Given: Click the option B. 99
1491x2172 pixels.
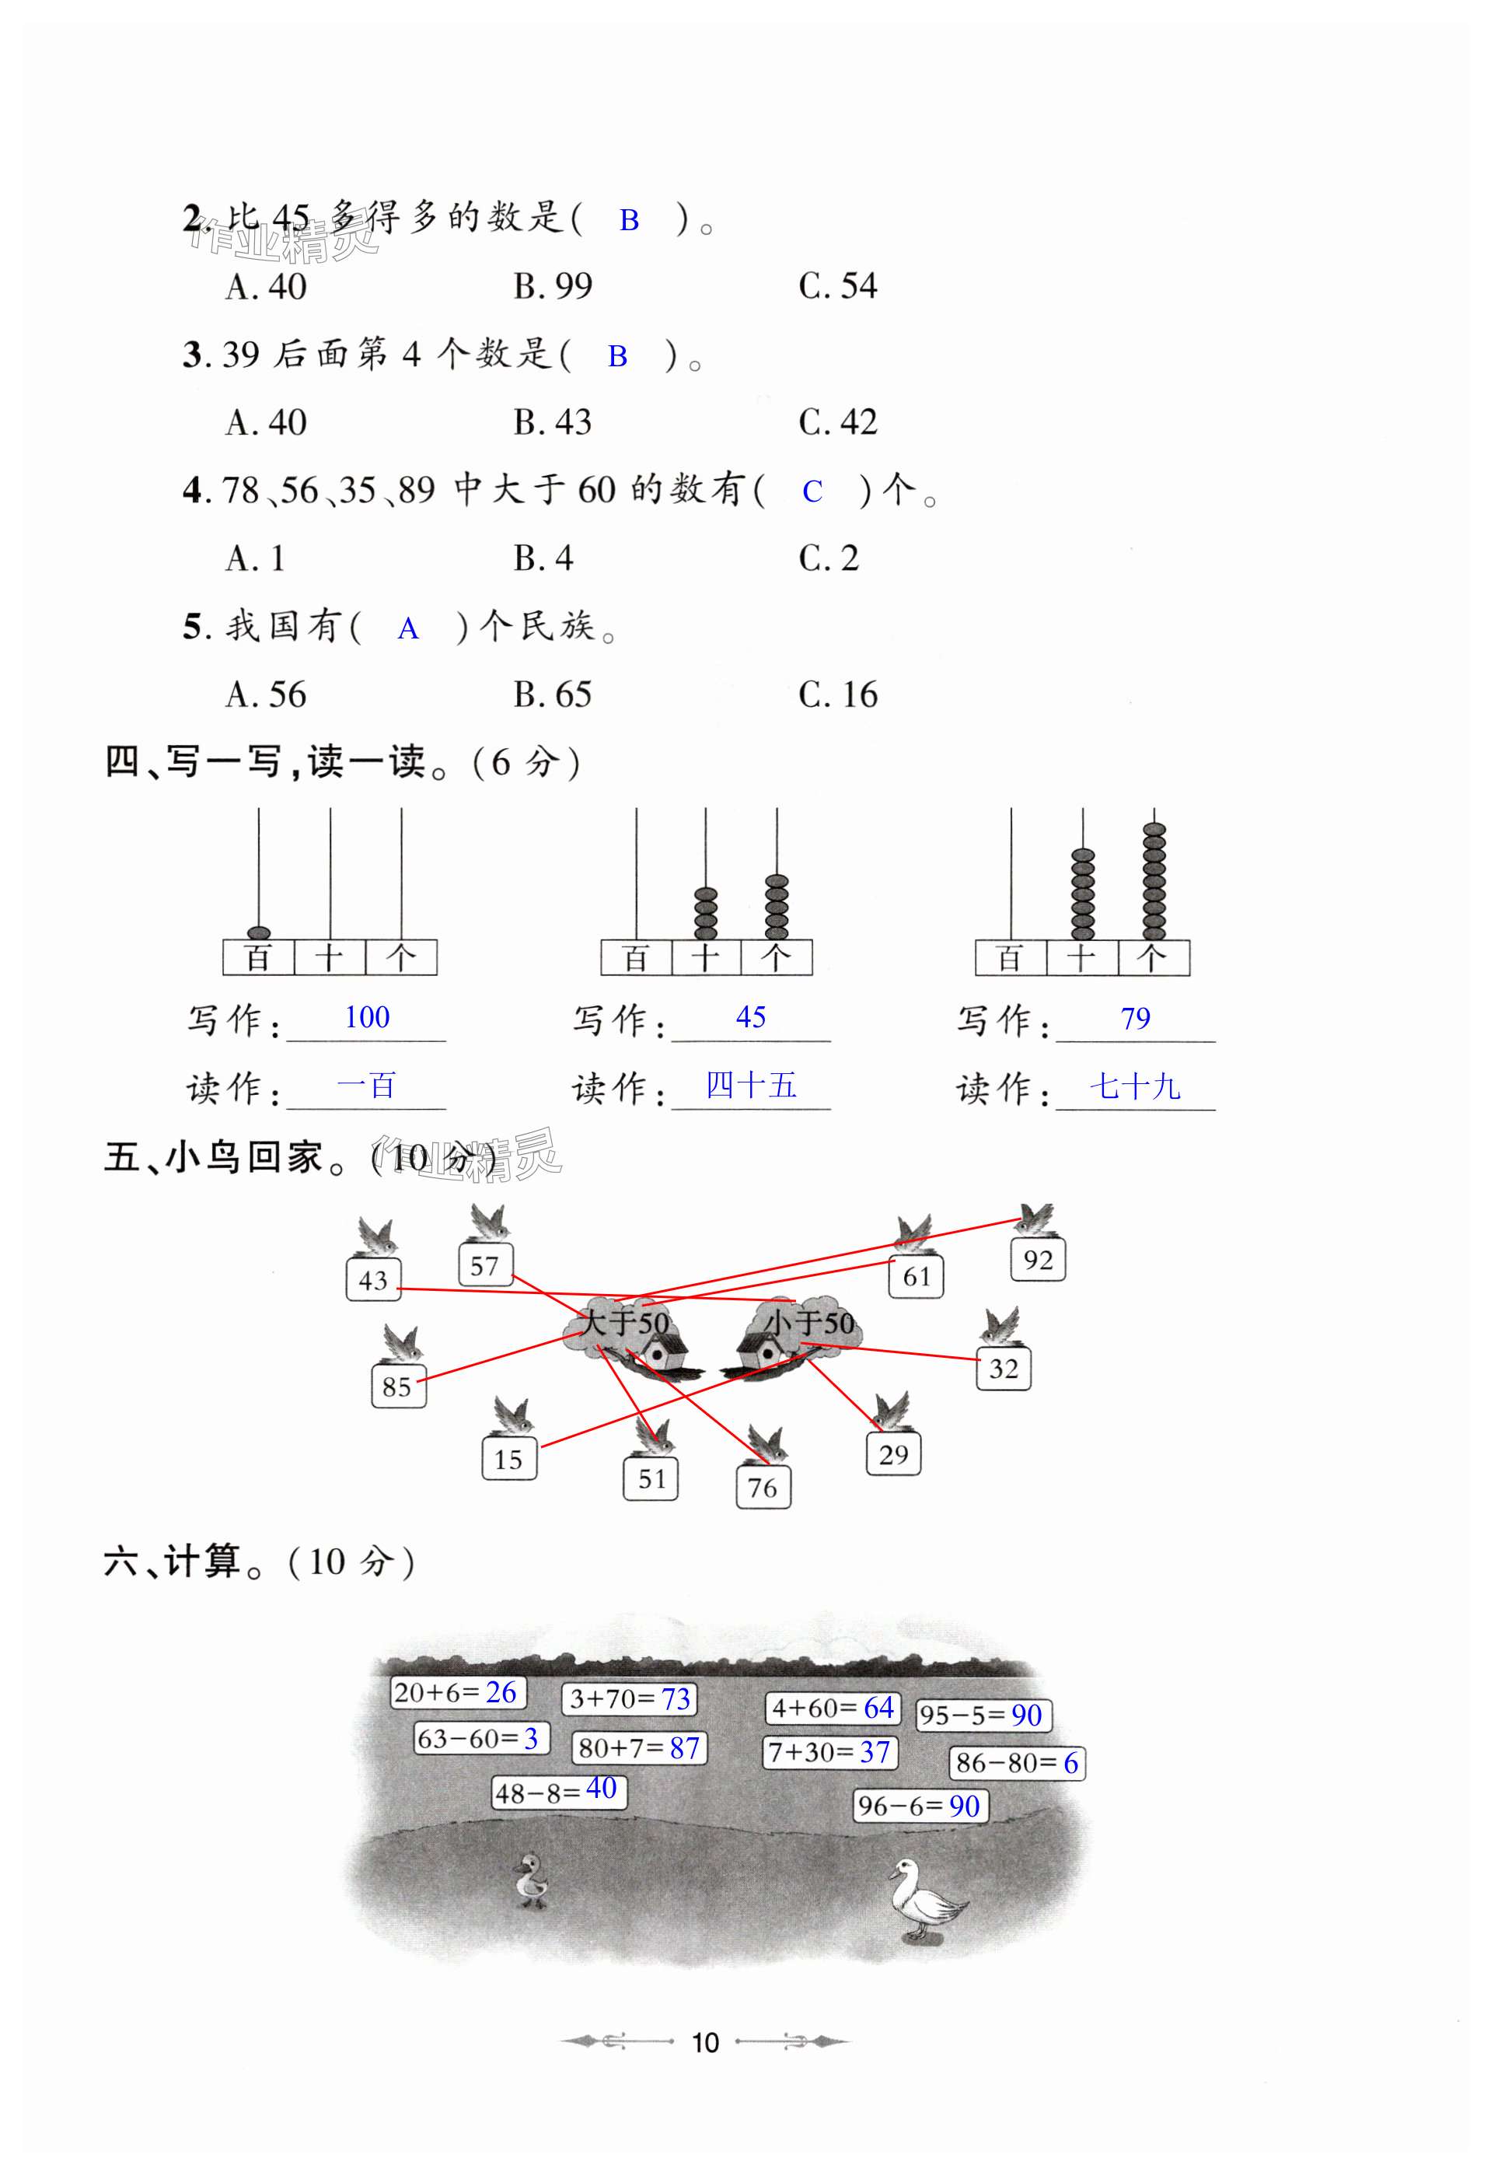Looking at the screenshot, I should pyautogui.click(x=552, y=286).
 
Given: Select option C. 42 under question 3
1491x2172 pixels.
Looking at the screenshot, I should pyautogui.click(x=837, y=422).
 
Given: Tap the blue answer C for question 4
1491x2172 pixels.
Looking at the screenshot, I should pyautogui.click(x=812, y=491).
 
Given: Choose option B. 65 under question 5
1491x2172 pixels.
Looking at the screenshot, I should pyautogui.click(x=552, y=694).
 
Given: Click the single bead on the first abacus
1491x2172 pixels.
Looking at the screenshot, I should pyautogui.click(x=259, y=932).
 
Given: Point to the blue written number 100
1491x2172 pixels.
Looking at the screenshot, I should pyautogui.click(x=366, y=1017).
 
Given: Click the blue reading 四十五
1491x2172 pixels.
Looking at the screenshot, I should pyautogui.click(x=750, y=1086).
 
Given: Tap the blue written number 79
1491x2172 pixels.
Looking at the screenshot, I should pyautogui.click(x=1135, y=1018).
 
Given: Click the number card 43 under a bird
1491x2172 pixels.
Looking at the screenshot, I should pyautogui.click(x=373, y=1279).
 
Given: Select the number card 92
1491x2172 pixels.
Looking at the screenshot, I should pyautogui.click(x=1038, y=1260).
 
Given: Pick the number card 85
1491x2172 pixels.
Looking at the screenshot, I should pyautogui.click(x=397, y=1386).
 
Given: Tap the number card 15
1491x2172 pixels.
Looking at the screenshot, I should pyautogui.click(x=508, y=1459).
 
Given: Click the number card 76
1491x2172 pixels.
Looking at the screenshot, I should pyautogui.click(x=763, y=1487).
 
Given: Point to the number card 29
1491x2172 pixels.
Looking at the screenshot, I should pyautogui.click(x=893, y=1454).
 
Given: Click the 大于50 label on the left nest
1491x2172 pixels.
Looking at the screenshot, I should pyautogui.click(x=624, y=1323).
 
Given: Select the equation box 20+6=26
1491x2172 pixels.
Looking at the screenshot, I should pyautogui.click(x=457, y=1691).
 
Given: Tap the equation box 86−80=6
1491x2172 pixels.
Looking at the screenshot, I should pyautogui.click(x=1017, y=1763).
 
